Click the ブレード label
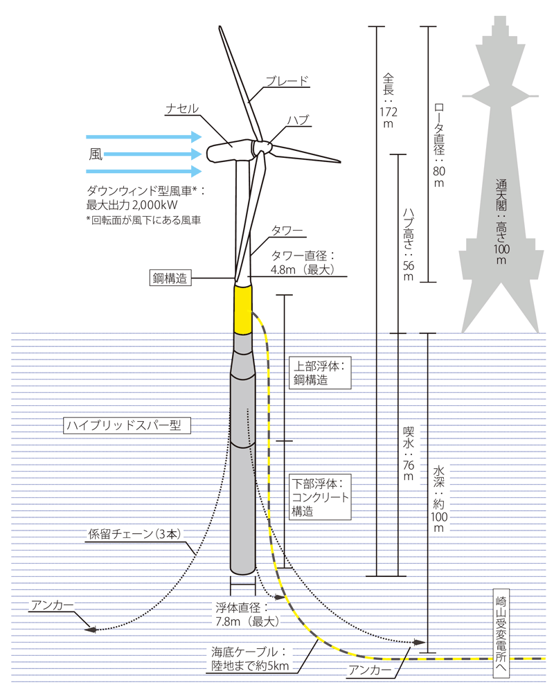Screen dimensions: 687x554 [x=287, y=80]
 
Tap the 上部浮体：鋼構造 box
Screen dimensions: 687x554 [x=319, y=373]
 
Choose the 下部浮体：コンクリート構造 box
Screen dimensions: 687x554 [x=319, y=496]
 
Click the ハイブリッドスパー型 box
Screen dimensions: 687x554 [x=126, y=425]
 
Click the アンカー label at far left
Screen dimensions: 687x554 [x=51, y=605]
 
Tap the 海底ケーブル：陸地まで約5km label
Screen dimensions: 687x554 [x=253, y=659]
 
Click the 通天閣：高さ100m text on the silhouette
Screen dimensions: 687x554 [x=501, y=221]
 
